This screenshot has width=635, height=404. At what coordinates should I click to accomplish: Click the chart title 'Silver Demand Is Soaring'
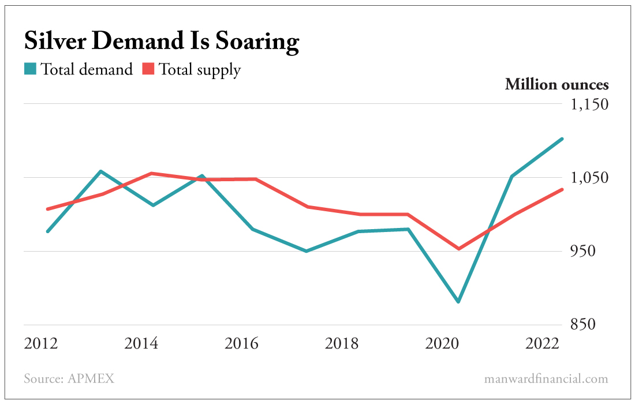[x=161, y=42]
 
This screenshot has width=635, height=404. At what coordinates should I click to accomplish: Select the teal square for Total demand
[x=31, y=69]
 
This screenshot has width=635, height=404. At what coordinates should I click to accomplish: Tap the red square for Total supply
[x=148, y=69]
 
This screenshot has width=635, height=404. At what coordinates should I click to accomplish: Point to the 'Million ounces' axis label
[x=556, y=85]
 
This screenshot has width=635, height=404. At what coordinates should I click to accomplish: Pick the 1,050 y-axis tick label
[x=589, y=178]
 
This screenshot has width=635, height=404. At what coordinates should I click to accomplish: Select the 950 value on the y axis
[x=593, y=251]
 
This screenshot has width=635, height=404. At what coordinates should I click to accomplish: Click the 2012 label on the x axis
[x=41, y=344]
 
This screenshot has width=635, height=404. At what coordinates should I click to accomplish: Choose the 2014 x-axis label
[x=141, y=344]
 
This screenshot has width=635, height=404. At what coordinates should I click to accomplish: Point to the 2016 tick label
[x=242, y=344]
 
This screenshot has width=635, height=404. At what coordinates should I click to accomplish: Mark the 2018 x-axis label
[x=342, y=344]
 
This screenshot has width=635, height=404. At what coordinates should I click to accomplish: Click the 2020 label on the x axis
[x=442, y=344]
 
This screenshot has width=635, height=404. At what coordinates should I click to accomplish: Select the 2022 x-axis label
[x=542, y=344]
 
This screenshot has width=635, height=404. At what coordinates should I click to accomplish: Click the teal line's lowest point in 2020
[x=458, y=302]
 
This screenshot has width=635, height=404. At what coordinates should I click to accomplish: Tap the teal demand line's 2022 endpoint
[x=562, y=139]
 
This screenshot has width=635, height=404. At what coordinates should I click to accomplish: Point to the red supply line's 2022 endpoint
[x=562, y=189]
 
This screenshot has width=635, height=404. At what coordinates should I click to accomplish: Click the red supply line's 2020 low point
[x=458, y=249]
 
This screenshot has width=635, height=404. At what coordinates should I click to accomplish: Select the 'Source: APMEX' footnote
[x=69, y=379]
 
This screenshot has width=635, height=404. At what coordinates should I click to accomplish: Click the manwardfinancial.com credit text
[x=546, y=379]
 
